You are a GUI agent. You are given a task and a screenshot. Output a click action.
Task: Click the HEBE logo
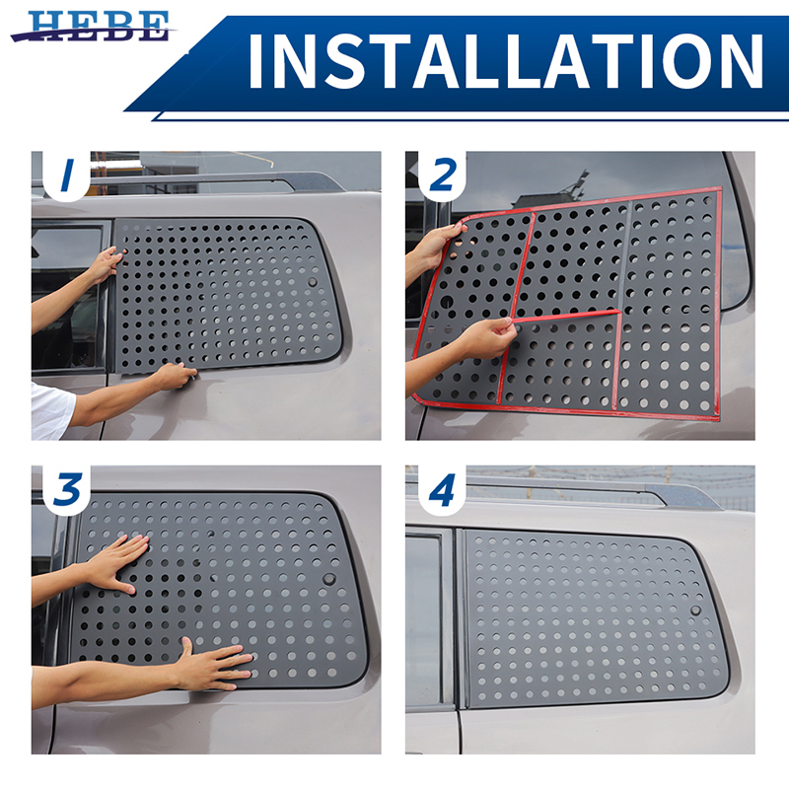[94, 27]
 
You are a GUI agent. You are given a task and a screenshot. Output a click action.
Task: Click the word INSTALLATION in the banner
[506, 62]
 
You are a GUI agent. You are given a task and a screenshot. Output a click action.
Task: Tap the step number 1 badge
[67, 176]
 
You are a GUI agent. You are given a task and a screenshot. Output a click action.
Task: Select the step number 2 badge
[441, 176]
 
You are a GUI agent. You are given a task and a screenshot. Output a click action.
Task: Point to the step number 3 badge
[67, 489]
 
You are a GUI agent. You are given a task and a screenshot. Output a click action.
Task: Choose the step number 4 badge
[441, 489]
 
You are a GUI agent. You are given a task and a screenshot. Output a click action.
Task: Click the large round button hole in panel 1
[313, 282]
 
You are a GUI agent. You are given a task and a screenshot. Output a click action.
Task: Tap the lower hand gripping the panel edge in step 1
[176, 377]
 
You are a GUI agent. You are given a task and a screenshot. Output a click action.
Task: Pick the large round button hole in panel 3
[329, 579]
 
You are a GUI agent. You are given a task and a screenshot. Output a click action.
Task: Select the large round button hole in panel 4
[695, 610]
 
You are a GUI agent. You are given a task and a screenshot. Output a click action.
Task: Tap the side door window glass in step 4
[424, 621]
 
